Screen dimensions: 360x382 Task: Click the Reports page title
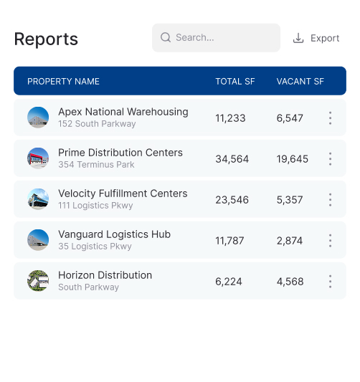tap(46, 39)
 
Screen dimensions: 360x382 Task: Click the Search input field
tap(216, 38)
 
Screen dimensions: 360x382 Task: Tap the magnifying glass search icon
tap(166, 37)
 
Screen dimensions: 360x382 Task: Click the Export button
tap(316, 38)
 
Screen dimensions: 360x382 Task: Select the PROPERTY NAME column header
tap(63, 82)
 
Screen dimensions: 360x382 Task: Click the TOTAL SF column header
tap(235, 82)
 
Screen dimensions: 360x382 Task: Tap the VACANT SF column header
tap(300, 82)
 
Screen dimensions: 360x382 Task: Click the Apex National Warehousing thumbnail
tap(38, 118)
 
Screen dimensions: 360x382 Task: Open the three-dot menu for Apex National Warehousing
tap(331, 118)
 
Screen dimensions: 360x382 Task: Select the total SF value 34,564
tap(232, 159)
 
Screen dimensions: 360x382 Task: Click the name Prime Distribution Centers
tap(120, 153)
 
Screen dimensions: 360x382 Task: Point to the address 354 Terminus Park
tap(96, 165)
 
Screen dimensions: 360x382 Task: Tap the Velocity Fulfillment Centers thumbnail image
tap(38, 199)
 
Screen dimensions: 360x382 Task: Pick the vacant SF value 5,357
tap(290, 200)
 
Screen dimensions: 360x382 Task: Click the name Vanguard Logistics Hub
tap(114, 234)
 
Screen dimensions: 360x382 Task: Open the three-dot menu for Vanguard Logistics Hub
tap(331, 241)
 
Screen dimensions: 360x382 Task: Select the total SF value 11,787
tap(229, 241)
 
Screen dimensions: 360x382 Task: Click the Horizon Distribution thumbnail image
tap(38, 281)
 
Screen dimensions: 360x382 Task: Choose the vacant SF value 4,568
tap(290, 282)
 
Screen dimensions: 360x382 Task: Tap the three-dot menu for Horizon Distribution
tap(331, 282)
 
